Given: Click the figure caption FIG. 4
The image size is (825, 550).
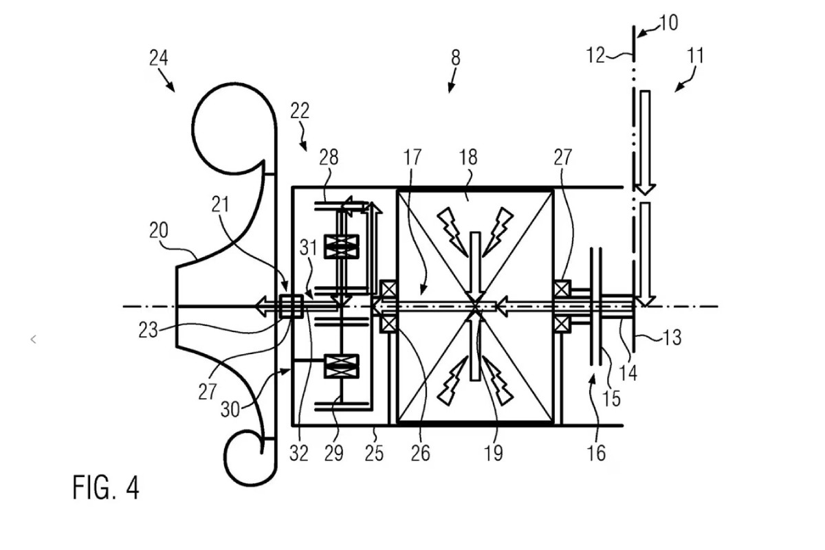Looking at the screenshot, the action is click(106, 487).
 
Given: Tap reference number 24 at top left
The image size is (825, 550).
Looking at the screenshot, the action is click(159, 58).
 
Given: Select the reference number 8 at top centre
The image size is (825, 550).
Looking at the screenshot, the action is click(456, 58).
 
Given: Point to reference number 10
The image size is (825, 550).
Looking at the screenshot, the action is click(668, 23).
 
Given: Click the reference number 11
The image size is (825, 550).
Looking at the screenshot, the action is click(695, 56).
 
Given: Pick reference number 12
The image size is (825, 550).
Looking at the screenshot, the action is click(595, 56).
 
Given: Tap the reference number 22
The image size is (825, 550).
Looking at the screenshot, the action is click(300, 111).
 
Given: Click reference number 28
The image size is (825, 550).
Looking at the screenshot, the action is click(329, 157).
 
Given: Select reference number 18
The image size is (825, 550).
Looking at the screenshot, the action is click(468, 157).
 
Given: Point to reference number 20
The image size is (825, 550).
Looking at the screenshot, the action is click(159, 230).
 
